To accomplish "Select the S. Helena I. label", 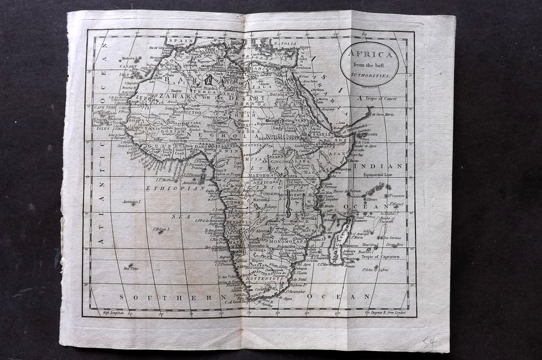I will point(162,229).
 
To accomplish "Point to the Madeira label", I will point(128,59).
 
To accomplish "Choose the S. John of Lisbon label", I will point(375,269).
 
